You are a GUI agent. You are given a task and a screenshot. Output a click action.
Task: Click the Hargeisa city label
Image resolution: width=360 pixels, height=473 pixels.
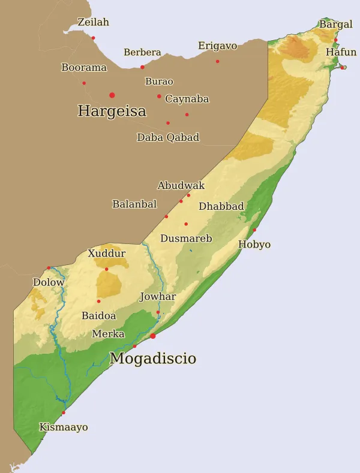point(112,111)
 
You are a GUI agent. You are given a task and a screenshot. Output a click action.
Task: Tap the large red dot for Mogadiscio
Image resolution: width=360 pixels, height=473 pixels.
point(152,336)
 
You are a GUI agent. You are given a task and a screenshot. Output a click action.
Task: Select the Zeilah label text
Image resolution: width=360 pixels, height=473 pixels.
point(94,22)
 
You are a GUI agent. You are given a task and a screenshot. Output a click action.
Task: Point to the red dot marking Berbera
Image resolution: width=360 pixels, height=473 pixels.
point(142,67)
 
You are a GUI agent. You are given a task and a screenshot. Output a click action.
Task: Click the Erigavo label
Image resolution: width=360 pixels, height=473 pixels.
point(217,46)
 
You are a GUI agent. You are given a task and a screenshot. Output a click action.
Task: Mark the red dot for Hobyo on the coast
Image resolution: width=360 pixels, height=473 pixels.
point(254,230)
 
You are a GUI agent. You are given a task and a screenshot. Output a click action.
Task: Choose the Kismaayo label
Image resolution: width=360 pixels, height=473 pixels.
point(63,427)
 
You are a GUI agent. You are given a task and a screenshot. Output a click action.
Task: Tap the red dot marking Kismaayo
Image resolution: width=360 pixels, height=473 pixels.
point(64,412)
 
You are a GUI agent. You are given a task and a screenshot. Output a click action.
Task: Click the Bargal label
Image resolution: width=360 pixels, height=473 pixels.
point(335,25)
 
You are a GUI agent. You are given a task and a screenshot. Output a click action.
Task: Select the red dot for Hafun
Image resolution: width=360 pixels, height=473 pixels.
point(342,68)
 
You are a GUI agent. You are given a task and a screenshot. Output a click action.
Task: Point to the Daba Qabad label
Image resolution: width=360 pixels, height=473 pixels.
point(168,137)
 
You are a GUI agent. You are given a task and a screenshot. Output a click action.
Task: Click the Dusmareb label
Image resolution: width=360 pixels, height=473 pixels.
point(186,239)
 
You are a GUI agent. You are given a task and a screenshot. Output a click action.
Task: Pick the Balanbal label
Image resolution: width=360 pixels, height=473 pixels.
point(134,204)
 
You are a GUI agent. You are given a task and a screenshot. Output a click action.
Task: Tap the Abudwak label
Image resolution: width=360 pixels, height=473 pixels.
point(181,186)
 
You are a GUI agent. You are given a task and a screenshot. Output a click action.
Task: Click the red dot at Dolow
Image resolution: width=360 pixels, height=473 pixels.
point(49,268)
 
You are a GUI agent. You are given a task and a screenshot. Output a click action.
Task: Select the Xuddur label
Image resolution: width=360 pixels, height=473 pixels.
point(107,254)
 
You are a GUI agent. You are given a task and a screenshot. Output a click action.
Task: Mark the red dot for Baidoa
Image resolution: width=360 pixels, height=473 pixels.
point(99,301)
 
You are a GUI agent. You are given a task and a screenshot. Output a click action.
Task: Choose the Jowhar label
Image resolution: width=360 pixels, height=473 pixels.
point(157,297)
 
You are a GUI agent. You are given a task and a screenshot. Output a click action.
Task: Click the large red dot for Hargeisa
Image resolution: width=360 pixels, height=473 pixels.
point(112,95)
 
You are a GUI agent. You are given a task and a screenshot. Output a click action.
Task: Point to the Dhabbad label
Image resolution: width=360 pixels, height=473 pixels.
point(221,207)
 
